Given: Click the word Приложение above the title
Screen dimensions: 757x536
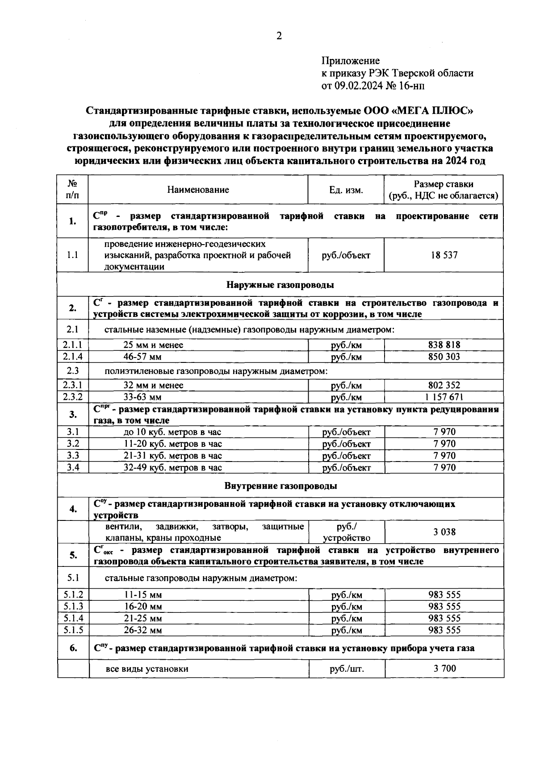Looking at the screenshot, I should (x=351, y=61).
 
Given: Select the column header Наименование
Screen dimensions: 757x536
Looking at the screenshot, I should (x=198, y=190).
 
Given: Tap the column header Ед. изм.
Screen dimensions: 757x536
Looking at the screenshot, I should (x=346, y=190).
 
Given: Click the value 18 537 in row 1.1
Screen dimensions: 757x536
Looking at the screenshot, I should (x=444, y=255).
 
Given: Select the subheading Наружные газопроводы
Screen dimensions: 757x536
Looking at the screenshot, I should (x=280, y=285).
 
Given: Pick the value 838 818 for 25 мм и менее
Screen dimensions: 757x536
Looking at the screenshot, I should (x=444, y=345).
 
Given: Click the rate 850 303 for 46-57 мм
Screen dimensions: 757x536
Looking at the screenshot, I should (x=444, y=357).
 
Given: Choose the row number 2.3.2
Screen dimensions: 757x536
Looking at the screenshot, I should (x=73, y=397).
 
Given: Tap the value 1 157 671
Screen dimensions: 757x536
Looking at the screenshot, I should (x=444, y=397).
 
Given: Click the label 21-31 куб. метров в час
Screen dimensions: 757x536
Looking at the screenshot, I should (x=172, y=456).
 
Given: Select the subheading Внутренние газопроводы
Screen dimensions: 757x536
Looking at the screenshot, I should (x=281, y=486).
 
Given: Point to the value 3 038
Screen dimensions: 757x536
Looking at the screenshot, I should (x=444, y=532).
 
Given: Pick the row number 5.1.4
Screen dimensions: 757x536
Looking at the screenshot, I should (x=73, y=618).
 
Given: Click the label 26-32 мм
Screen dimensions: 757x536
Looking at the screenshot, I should (x=143, y=630).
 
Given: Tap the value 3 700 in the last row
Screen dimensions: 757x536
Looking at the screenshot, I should (x=444, y=668).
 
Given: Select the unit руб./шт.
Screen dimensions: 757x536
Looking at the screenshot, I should (x=347, y=669).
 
